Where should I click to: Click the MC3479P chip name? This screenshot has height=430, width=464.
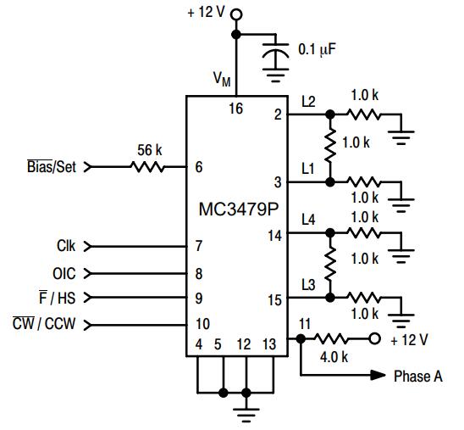click(x=239, y=209)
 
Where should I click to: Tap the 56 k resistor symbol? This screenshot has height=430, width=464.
click(x=147, y=167)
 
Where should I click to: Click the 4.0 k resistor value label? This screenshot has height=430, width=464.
click(x=334, y=357)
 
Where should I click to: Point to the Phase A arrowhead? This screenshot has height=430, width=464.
click(x=378, y=375)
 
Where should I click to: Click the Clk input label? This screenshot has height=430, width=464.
click(x=66, y=246)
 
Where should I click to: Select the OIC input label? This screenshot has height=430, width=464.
click(x=64, y=273)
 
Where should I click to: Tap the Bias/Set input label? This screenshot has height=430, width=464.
click(x=52, y=166)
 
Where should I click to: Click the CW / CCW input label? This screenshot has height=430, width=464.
click(x=44, y=323)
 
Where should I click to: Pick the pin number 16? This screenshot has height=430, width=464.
click(x=236, y=109)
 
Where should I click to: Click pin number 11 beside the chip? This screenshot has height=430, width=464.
click(x=305, y=324)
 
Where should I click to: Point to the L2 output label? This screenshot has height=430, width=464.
click(x=308, y=102)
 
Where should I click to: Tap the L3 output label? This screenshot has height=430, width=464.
click(x=308, y=284)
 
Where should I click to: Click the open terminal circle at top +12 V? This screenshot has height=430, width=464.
click(x=236, y=14)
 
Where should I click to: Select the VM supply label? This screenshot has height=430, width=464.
click(x=222, y=79)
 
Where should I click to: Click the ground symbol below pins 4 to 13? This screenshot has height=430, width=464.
click(x=246, y=415)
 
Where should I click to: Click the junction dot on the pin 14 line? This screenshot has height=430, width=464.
click(x=330, y=233)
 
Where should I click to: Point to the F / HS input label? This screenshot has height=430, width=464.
click(x=58, y=298)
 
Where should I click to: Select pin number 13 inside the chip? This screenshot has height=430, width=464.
click(x=269, y=344)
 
